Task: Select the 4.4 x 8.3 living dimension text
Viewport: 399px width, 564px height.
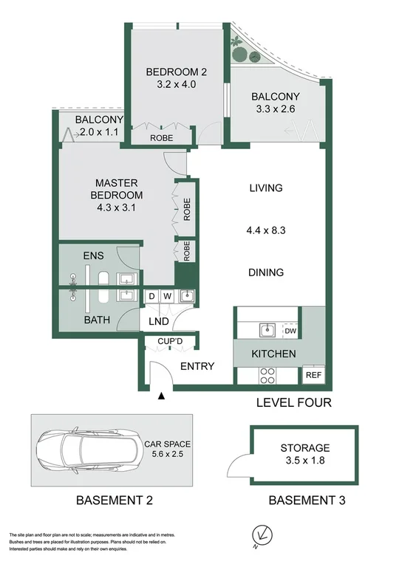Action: [x=266, y=230]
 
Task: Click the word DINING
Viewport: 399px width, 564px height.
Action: [x=266, y=272]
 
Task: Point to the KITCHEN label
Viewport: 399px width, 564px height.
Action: [x=273, y=354]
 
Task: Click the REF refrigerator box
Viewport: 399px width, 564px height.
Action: [x=313, y=375]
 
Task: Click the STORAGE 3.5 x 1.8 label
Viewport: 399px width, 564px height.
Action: [x=304, y=454]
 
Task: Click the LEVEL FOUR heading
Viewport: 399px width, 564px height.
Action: [x=293, y=403]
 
